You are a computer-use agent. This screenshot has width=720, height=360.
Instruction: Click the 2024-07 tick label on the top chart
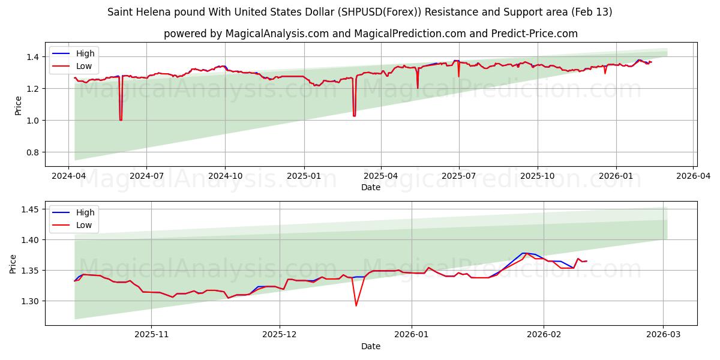[147, 176]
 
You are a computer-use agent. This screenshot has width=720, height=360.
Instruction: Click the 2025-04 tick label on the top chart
[381, 176]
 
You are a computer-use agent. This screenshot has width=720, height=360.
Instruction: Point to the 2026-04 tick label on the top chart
[694, 176]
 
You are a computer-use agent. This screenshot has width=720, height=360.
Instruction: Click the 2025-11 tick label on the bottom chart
[151, 335]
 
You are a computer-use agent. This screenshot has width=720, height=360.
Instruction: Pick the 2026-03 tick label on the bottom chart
[663, 335]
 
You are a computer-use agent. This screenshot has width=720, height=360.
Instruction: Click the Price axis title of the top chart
[17, 104]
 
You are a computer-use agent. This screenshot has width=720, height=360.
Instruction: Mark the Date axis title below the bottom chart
[371, 346]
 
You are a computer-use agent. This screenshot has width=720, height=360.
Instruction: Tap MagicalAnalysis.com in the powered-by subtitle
[277, 34]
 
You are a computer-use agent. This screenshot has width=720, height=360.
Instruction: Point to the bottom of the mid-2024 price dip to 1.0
[121, 120]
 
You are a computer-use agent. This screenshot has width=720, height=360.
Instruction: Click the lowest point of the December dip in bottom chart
[356, 306]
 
